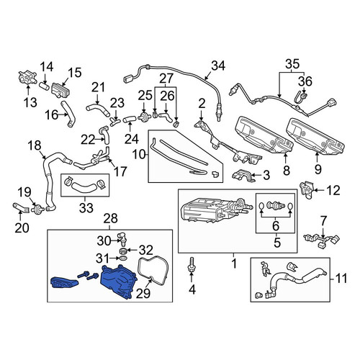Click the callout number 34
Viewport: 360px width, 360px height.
218,66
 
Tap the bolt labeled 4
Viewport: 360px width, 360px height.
192,265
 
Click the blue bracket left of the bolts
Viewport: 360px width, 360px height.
64,282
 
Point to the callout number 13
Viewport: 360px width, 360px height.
30,102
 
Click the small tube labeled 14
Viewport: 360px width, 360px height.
44,86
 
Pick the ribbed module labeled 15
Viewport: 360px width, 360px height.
60,90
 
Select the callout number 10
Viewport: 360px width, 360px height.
140,155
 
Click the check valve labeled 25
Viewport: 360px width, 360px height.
144,118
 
